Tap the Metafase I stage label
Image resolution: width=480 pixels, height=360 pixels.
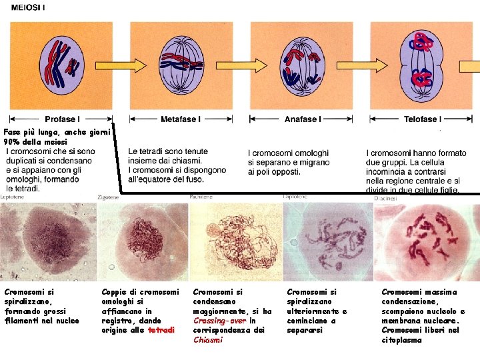(x=179, y=119)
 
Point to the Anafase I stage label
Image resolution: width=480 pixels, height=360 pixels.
(x=301, y=119)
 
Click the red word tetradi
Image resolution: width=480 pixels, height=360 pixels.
(x=162, y=330)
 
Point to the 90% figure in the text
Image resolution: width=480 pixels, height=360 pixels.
(x=12, y=142)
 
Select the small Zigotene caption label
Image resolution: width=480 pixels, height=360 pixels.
(x=108, y=197)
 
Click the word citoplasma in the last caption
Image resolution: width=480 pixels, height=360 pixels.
(x=401, y=340)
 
